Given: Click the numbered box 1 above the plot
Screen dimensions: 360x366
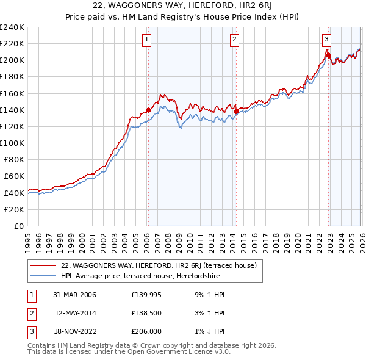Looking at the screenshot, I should point(148,40).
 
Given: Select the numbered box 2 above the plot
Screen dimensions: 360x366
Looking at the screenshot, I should point(235,40).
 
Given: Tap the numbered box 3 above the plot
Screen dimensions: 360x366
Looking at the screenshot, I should point(326,40).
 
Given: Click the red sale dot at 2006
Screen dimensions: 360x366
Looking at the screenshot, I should point(148,110).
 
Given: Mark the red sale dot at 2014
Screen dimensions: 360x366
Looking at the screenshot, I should point(236,112).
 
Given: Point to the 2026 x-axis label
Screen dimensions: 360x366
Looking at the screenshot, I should point(361,238).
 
